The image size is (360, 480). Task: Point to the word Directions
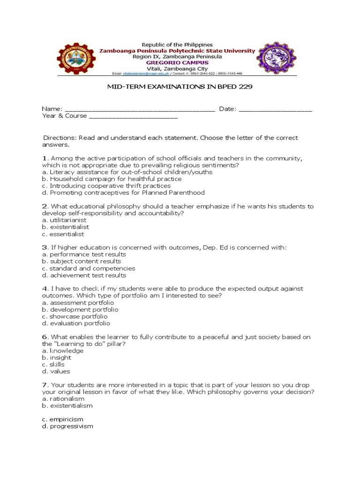[x=60, y=138]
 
